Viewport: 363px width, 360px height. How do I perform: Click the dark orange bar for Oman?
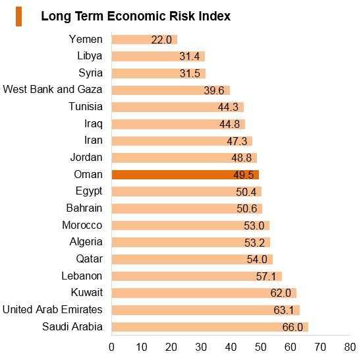185,175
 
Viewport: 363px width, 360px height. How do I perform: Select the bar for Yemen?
144,40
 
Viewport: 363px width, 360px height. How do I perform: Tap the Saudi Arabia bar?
210,327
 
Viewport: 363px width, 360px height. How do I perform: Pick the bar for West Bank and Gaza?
171,90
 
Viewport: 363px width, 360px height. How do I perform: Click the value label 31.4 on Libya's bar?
189,57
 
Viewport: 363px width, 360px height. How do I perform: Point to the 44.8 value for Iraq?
229,124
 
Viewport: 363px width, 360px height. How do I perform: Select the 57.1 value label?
266,276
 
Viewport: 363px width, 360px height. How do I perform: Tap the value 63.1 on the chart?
283,310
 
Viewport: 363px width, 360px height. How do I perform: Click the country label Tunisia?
86,107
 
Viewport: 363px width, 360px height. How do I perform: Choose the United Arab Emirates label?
52,309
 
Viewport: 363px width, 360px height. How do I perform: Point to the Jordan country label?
86,158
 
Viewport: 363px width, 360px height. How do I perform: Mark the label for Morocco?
82,225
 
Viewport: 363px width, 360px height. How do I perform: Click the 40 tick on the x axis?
231,347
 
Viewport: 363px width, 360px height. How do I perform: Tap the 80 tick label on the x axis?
350,347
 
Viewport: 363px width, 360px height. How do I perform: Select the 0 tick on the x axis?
111,347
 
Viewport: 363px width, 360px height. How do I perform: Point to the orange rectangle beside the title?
18,16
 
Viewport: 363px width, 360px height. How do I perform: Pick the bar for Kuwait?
204,293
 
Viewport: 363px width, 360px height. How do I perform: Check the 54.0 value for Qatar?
257,260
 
